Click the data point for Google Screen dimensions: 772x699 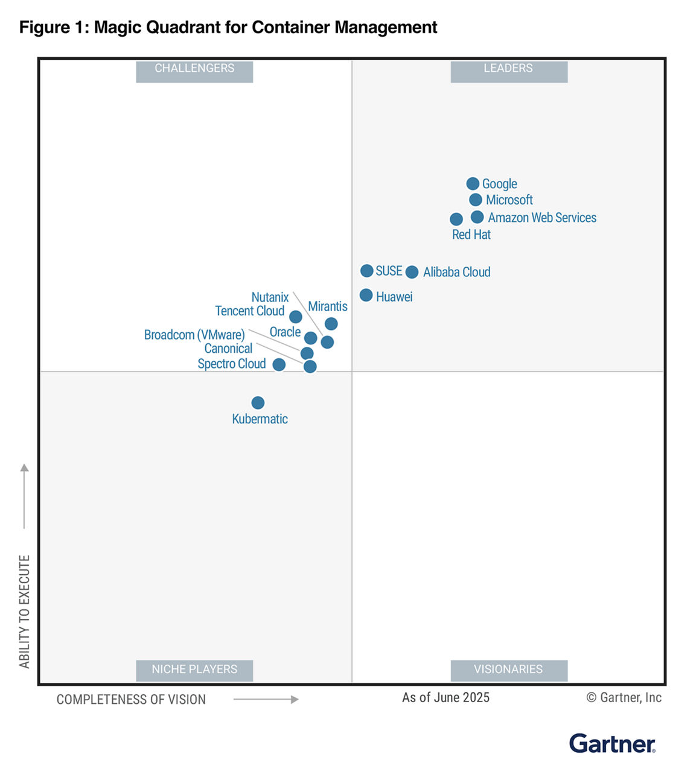pyautogui.click(x=473, y=183)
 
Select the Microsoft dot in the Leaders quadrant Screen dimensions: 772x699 pyautogui.click(x=476, y=200)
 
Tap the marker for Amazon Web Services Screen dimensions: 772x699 pyautogui.click(x=477, y=217)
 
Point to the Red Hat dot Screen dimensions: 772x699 pyautogui.click(x=456, y=219)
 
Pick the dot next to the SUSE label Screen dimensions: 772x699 pyautogui.click(x=366, y=271)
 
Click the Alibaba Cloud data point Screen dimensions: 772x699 pyautogui.click(x=412, y=272)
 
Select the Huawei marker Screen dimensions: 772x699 pyautogui.click(x=366, y=295)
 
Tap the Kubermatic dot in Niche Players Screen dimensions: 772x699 pyautogui.click(x=258, y=402)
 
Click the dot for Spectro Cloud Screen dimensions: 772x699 pyautogui.click(x=279, y=364)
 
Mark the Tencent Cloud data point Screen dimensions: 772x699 pyautogui.click(x=295, y=317)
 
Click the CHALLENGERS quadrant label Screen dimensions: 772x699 pyautogui.click(x=194, y=69)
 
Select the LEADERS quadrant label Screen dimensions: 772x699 pyautogui.click(x=508, y=69)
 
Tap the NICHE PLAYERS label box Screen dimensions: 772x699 pyautogui.click(x=194, y=669)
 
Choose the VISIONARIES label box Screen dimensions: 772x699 pyautogui.click(x=508, y=669)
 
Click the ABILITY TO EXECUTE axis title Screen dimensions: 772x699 pyautogui.click(x=24, y=611)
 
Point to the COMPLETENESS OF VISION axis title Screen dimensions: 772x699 pyautogui.click(x=131, y=700)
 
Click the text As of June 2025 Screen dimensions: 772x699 pyautogui.click(x=445, y=698)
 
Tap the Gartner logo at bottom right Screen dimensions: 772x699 pyautogui.click(x=612, y=744)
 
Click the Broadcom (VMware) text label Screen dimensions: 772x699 pyautogui.click(x=194, y=335)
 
